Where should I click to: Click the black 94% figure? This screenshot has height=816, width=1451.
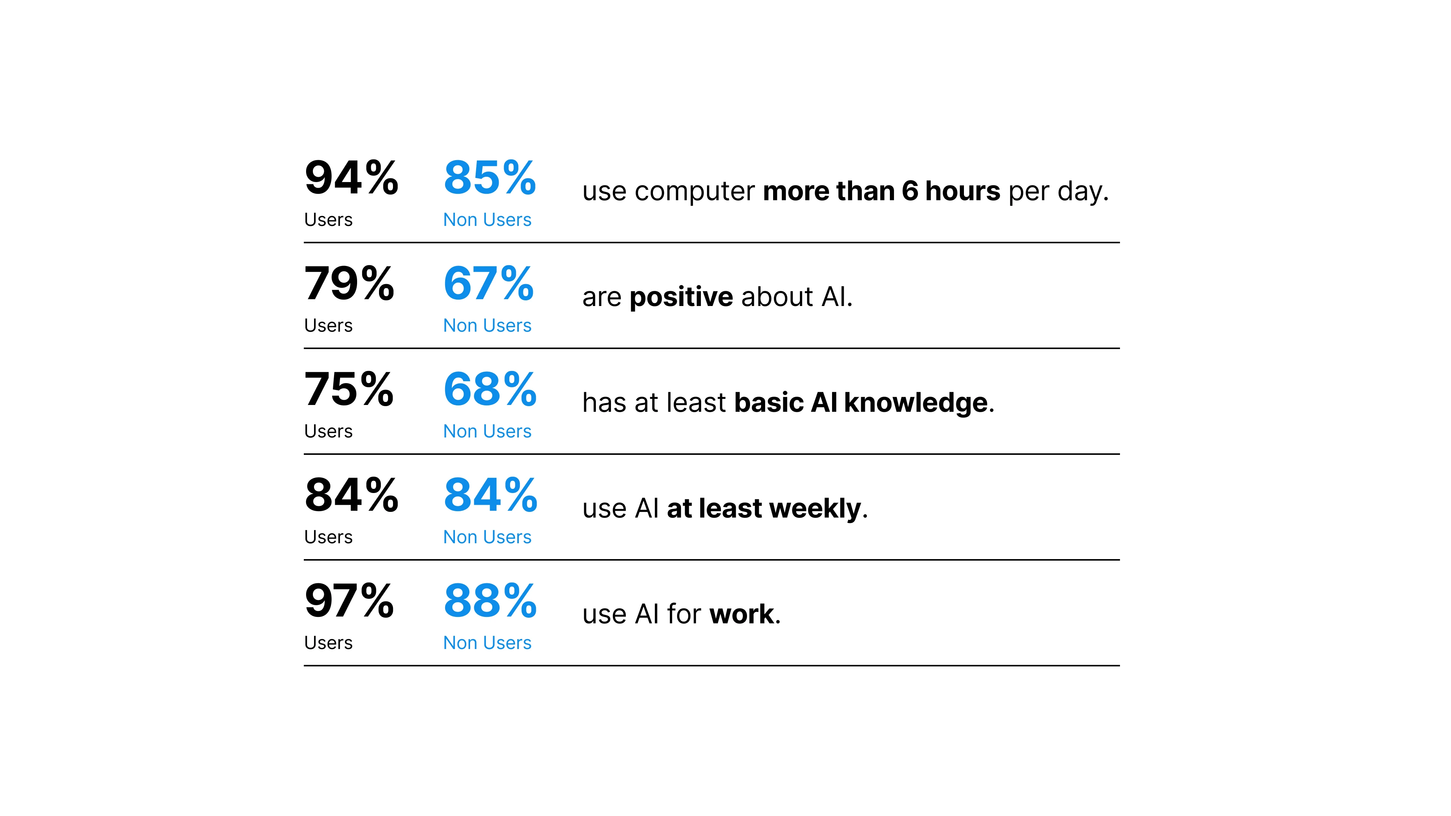(351, 178)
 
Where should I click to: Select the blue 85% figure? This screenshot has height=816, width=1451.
(489, 178)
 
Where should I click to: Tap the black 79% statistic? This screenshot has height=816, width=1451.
(349, 283)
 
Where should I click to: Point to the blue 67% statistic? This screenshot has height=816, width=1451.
(488, 283)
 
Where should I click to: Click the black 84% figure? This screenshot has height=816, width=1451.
(351, 495)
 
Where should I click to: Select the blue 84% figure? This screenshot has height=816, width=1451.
(490, 495)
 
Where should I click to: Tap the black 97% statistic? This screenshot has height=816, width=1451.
(349, 601)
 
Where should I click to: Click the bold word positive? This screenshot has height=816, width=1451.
(681, 297)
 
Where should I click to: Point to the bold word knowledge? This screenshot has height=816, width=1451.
(915, 403)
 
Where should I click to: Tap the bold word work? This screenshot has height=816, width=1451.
(742, 614)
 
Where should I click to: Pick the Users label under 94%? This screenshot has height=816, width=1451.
(328, 220)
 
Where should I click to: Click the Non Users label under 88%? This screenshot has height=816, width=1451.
(487, 643)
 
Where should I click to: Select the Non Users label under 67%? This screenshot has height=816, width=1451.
(487, 326)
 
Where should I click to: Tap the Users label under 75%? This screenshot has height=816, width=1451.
(328, 432)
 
